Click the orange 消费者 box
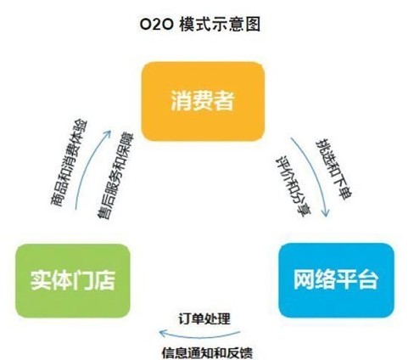click(203, 101)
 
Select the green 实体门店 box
click(73, 281)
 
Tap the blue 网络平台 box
click(336, 280)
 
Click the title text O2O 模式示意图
click(200, 25)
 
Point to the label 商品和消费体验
click(69, 163)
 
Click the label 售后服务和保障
click(115, 176)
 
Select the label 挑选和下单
click(333, 169)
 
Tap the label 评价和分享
click(294, 186)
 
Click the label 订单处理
click(204, 319)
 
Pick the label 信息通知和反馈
click(207, 353)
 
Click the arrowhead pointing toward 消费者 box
click(107, 134)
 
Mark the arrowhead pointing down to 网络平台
click(326, 213)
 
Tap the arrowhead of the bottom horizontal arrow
click(163, 333)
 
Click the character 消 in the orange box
click(182, 100)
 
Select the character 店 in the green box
click(104, 280)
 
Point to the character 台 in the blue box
click(367, 279)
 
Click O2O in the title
click(156, 25)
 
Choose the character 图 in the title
click(253, 25)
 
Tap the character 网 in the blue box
click(305, 279)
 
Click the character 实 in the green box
click(41, 280)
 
